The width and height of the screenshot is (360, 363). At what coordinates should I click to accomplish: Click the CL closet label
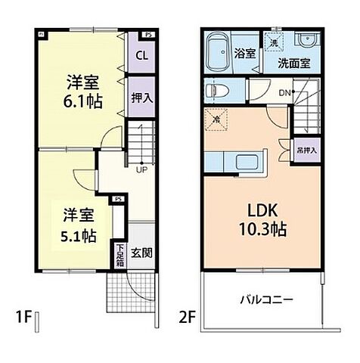(x=141, y=55)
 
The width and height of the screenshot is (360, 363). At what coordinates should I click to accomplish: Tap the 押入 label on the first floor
(x=141, y=97)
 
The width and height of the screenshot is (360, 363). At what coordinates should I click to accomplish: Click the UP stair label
(x=142, y=169)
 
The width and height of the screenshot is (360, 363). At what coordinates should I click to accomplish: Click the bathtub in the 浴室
(x=220, y=51)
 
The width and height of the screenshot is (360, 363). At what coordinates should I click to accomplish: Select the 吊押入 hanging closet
(x=306, y=150)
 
